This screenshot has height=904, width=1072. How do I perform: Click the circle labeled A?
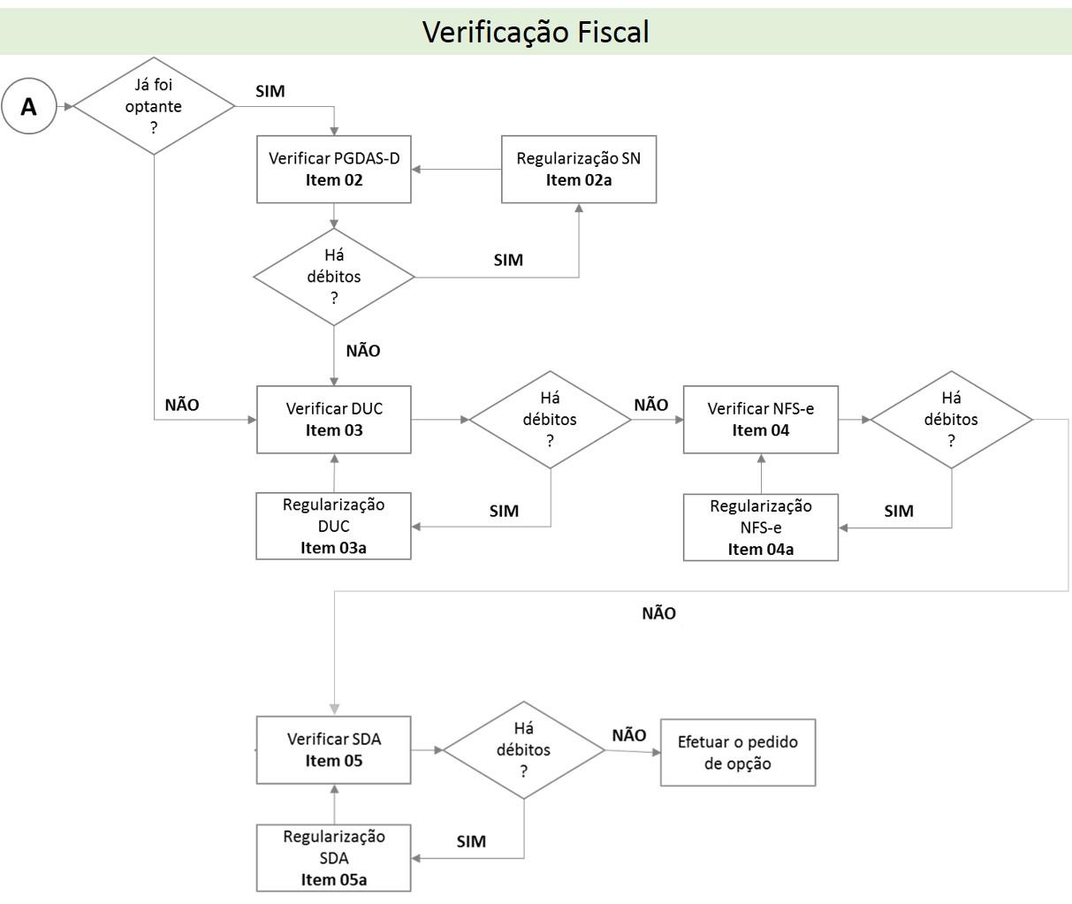(x=29, y=107)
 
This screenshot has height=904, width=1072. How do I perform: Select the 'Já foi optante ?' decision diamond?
(x=154, y=107)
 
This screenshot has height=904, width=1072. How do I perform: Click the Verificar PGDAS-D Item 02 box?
(x=334, y=169)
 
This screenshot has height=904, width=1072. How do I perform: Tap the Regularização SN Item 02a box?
(x=579, y=169)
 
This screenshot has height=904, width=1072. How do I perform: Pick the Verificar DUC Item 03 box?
(x=334, y=420)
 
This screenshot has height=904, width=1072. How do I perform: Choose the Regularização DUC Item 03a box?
(x=334, y=526)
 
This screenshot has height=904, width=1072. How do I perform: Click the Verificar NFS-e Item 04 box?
(x=761, y=420)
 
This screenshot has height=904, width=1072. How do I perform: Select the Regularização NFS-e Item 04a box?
(x=761, y=528)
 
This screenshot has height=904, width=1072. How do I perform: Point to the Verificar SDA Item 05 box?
(x=334, y=750)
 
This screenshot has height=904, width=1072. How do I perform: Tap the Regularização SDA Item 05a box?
(x=334, y=858)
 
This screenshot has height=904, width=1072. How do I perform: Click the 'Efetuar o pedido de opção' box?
(x=738, y=752)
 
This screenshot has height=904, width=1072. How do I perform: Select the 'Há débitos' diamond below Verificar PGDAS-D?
(x=334, y=277)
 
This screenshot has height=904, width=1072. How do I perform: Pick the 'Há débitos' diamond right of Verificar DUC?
(x=550, y=420)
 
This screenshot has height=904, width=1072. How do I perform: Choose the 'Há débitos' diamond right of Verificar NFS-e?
(x=952, y=420)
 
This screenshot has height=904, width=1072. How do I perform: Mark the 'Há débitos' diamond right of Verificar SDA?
(x=524, y=750)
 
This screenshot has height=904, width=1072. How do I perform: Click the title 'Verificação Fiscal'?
(x=536, y=32)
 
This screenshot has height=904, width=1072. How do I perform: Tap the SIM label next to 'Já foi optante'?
(x=270, y=91)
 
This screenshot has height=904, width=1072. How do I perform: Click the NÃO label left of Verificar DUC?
(x=182, y=405)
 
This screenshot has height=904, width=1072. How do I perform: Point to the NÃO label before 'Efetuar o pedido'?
(x=628, y=735)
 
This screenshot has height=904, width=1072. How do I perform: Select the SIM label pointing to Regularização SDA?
(x=471, y=841)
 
